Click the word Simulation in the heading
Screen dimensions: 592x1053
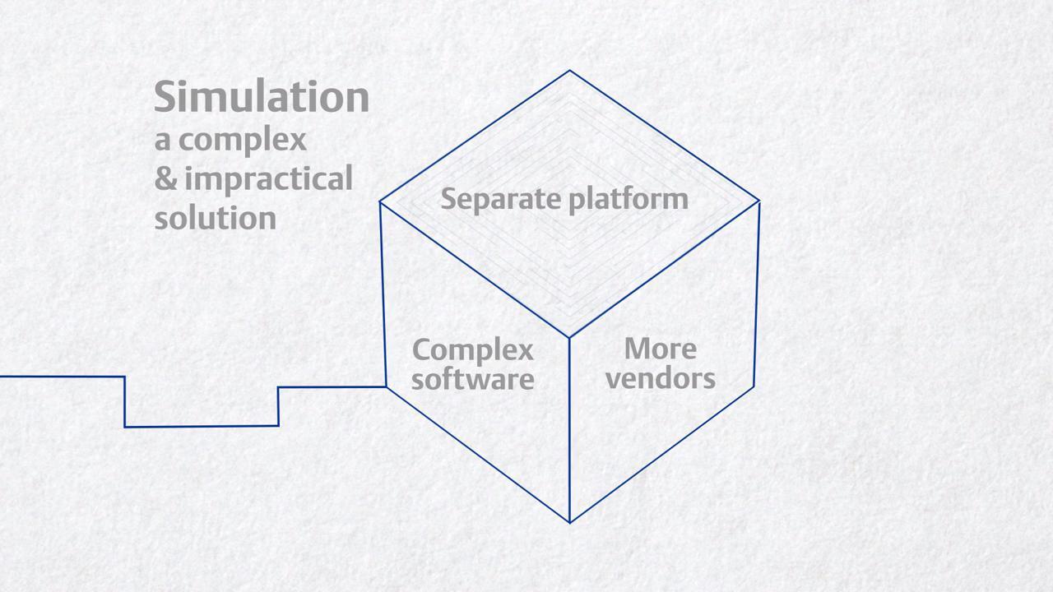pyautogui.click(x=262, y=96)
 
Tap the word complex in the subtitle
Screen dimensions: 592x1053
pyautogui.click(x=242, y=140)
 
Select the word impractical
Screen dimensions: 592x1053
pyautogui.click(x=268, y=178)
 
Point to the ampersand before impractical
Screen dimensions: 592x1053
pyautogui.click(x=165, y=178)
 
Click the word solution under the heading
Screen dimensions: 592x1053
pyautogui.click(x=215, y=218)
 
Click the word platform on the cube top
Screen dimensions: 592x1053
pyautogui.click(x=633, y=199)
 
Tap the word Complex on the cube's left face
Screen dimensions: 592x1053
pyautogui.click(x=472, y=349)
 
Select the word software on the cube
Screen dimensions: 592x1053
pyautogui.click(x=472, y=379)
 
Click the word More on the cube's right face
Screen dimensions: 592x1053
pyautogui.click(x=660, y=349)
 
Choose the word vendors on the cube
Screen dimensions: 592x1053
pyautogui.click(x=660, y=378)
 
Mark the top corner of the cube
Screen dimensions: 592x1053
pyautogui.click(x=569, y=72)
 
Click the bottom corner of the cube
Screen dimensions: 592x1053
pyautogui.click(x=569, y=521)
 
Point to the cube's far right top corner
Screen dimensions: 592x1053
pyautogui.click(x=758, y=201)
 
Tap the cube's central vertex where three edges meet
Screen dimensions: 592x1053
pyautogui.click(x=569, y=336)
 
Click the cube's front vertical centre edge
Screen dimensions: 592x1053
pyautogui.click(x=569, y=428)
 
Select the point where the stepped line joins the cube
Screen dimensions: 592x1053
pyautogui.click(x=386, y=386)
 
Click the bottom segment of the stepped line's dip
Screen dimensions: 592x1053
pyautogui.click(x=202, y=426)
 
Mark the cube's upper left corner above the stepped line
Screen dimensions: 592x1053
pyautogui.click(x=380, y=201)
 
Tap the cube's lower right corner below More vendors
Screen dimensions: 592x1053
pyautogui.click(x=754, y=387)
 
